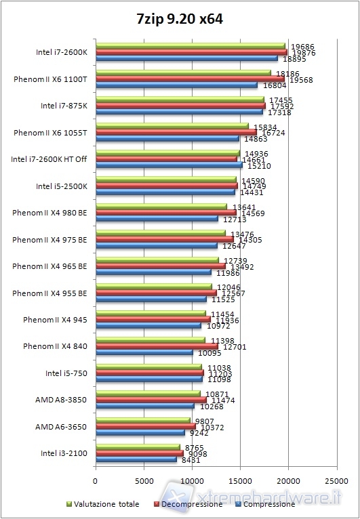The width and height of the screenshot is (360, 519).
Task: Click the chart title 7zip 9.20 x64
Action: coord(180,20)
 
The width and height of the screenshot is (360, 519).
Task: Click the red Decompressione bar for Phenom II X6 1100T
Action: coord(190,79)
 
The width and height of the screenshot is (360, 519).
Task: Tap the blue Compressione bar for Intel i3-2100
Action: coord(136,459)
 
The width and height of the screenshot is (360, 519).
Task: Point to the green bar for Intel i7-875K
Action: coord(180,100)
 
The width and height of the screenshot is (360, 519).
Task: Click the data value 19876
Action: coord(302,53)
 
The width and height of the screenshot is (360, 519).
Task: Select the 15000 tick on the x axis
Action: coord(241,482)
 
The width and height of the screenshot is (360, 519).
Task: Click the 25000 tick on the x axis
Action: coord(337,482)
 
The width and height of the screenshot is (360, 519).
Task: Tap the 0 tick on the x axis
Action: coord(96,482)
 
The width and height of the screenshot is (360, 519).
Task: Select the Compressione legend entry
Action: coord(266,504)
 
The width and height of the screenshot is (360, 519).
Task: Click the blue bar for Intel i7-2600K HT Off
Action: coord(169,165)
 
